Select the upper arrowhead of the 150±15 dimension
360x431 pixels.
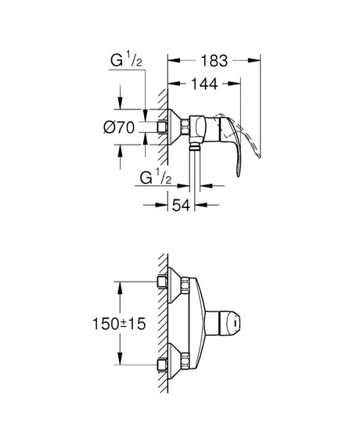(119, 285)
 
